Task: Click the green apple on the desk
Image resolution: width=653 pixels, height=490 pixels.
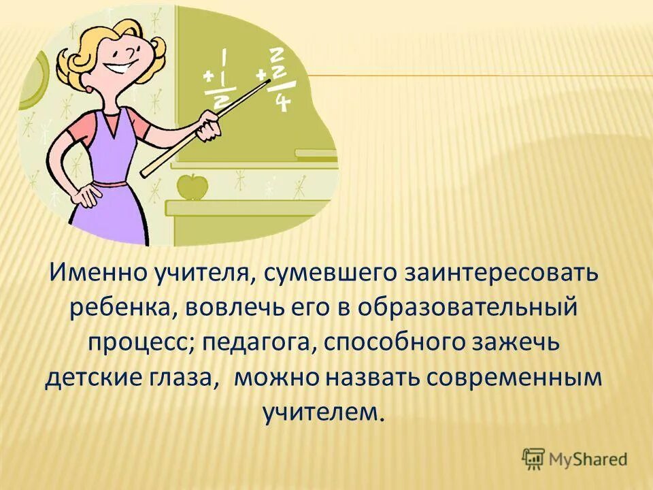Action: click(192, 185)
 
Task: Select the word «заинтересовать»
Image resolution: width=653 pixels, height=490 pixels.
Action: click(503, 274)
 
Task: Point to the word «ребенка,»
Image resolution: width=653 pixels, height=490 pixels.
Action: click(124, 308)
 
